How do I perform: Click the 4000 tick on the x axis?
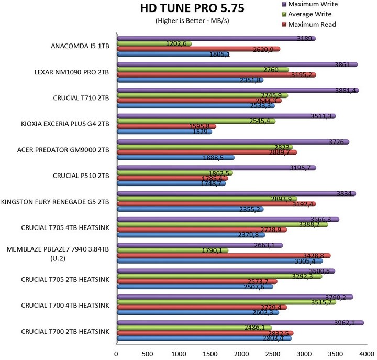point(366,354)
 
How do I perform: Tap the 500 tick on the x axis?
point(148,354)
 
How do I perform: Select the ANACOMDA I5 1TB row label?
point(80,46)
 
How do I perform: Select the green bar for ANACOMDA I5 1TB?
point(154,43)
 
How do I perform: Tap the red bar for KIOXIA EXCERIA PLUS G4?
point(166,126)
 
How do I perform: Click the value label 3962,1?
point(345,323)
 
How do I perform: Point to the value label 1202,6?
point(178,44)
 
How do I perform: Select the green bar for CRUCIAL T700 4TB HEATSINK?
point(226,302)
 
